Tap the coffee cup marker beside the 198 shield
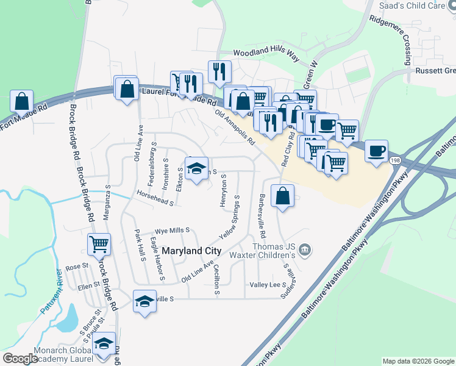[x=376, y=150]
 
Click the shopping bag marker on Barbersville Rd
[x=282, y=196]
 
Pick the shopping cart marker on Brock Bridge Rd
[x=99, y=244]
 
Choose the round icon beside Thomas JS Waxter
[x=306, y=249]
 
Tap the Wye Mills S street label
[x=172, y=231]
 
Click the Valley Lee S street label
[x=268, y=285]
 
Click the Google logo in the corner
[x=20, y=359]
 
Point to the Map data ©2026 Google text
[x=418, y=361]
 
